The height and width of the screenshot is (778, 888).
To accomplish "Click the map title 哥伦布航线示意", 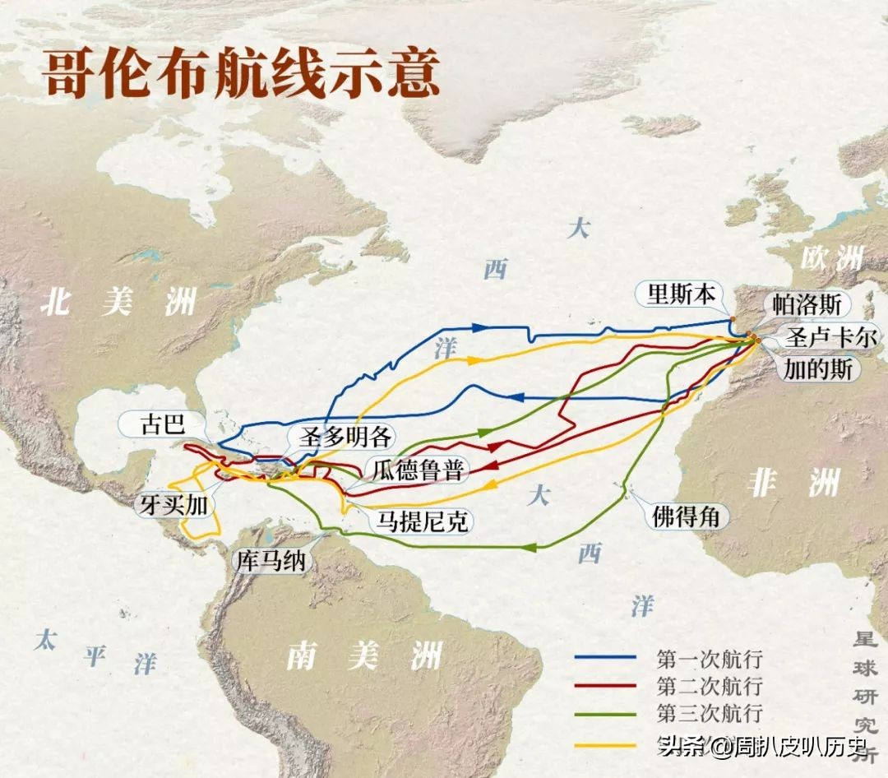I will (241, 76).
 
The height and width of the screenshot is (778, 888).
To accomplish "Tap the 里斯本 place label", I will (681, 294).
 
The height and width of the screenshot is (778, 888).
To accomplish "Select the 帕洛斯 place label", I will (807, 303).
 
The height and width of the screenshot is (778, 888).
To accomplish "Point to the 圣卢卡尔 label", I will (831, 336).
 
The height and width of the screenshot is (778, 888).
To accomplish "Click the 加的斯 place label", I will (818, 368).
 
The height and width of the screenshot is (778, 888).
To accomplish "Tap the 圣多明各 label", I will (333, 436).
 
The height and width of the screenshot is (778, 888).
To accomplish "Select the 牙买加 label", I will (173, 504).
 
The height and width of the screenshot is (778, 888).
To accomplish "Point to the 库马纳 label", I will (271, 561).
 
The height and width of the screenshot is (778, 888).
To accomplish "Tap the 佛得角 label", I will (686, 516).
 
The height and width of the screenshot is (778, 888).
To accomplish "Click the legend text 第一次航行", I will (710, 658).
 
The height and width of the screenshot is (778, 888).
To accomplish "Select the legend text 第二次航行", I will (710, 685).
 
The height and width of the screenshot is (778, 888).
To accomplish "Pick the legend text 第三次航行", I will (710, 712).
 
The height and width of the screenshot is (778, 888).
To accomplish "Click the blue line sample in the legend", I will (605, 658).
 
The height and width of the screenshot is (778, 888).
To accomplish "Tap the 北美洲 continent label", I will (119, 302).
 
